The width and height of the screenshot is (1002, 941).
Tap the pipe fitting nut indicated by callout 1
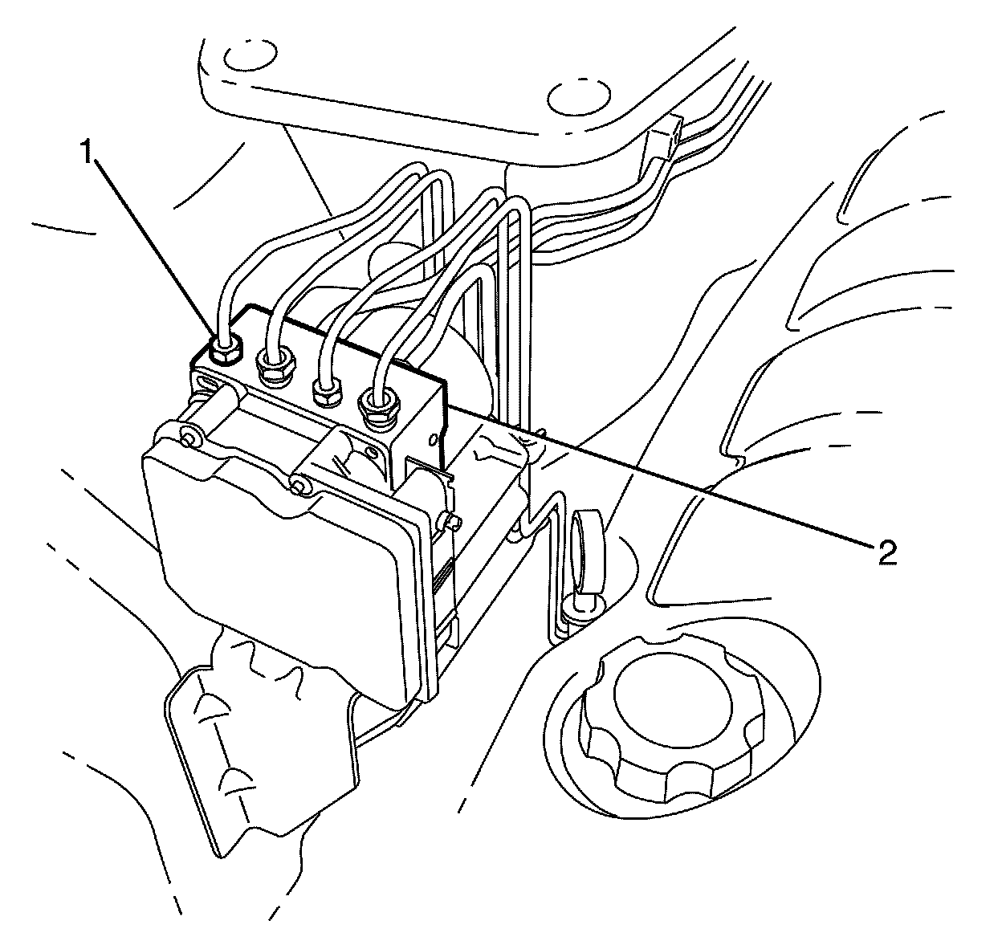[x=224, y=350]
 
